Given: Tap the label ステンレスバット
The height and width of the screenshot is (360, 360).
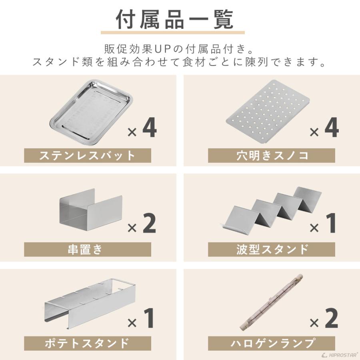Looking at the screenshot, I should tap(88, 155).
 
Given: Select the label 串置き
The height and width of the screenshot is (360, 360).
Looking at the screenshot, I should tap(88, 249).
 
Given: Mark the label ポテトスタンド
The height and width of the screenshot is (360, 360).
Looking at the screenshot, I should tap(88, 343).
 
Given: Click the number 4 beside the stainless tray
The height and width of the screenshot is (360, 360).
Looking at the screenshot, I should tap(149, 129).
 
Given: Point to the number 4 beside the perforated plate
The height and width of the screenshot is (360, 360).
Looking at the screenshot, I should tap(332, 129).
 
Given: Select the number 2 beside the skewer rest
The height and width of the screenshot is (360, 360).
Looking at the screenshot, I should tap(149, 224).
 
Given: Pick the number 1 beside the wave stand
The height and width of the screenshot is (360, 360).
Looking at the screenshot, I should tap(332, 224).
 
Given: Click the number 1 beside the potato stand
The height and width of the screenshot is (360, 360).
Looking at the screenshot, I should tap(149, 319).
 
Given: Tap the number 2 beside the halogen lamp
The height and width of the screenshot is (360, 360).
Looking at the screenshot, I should tap(332, 319).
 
